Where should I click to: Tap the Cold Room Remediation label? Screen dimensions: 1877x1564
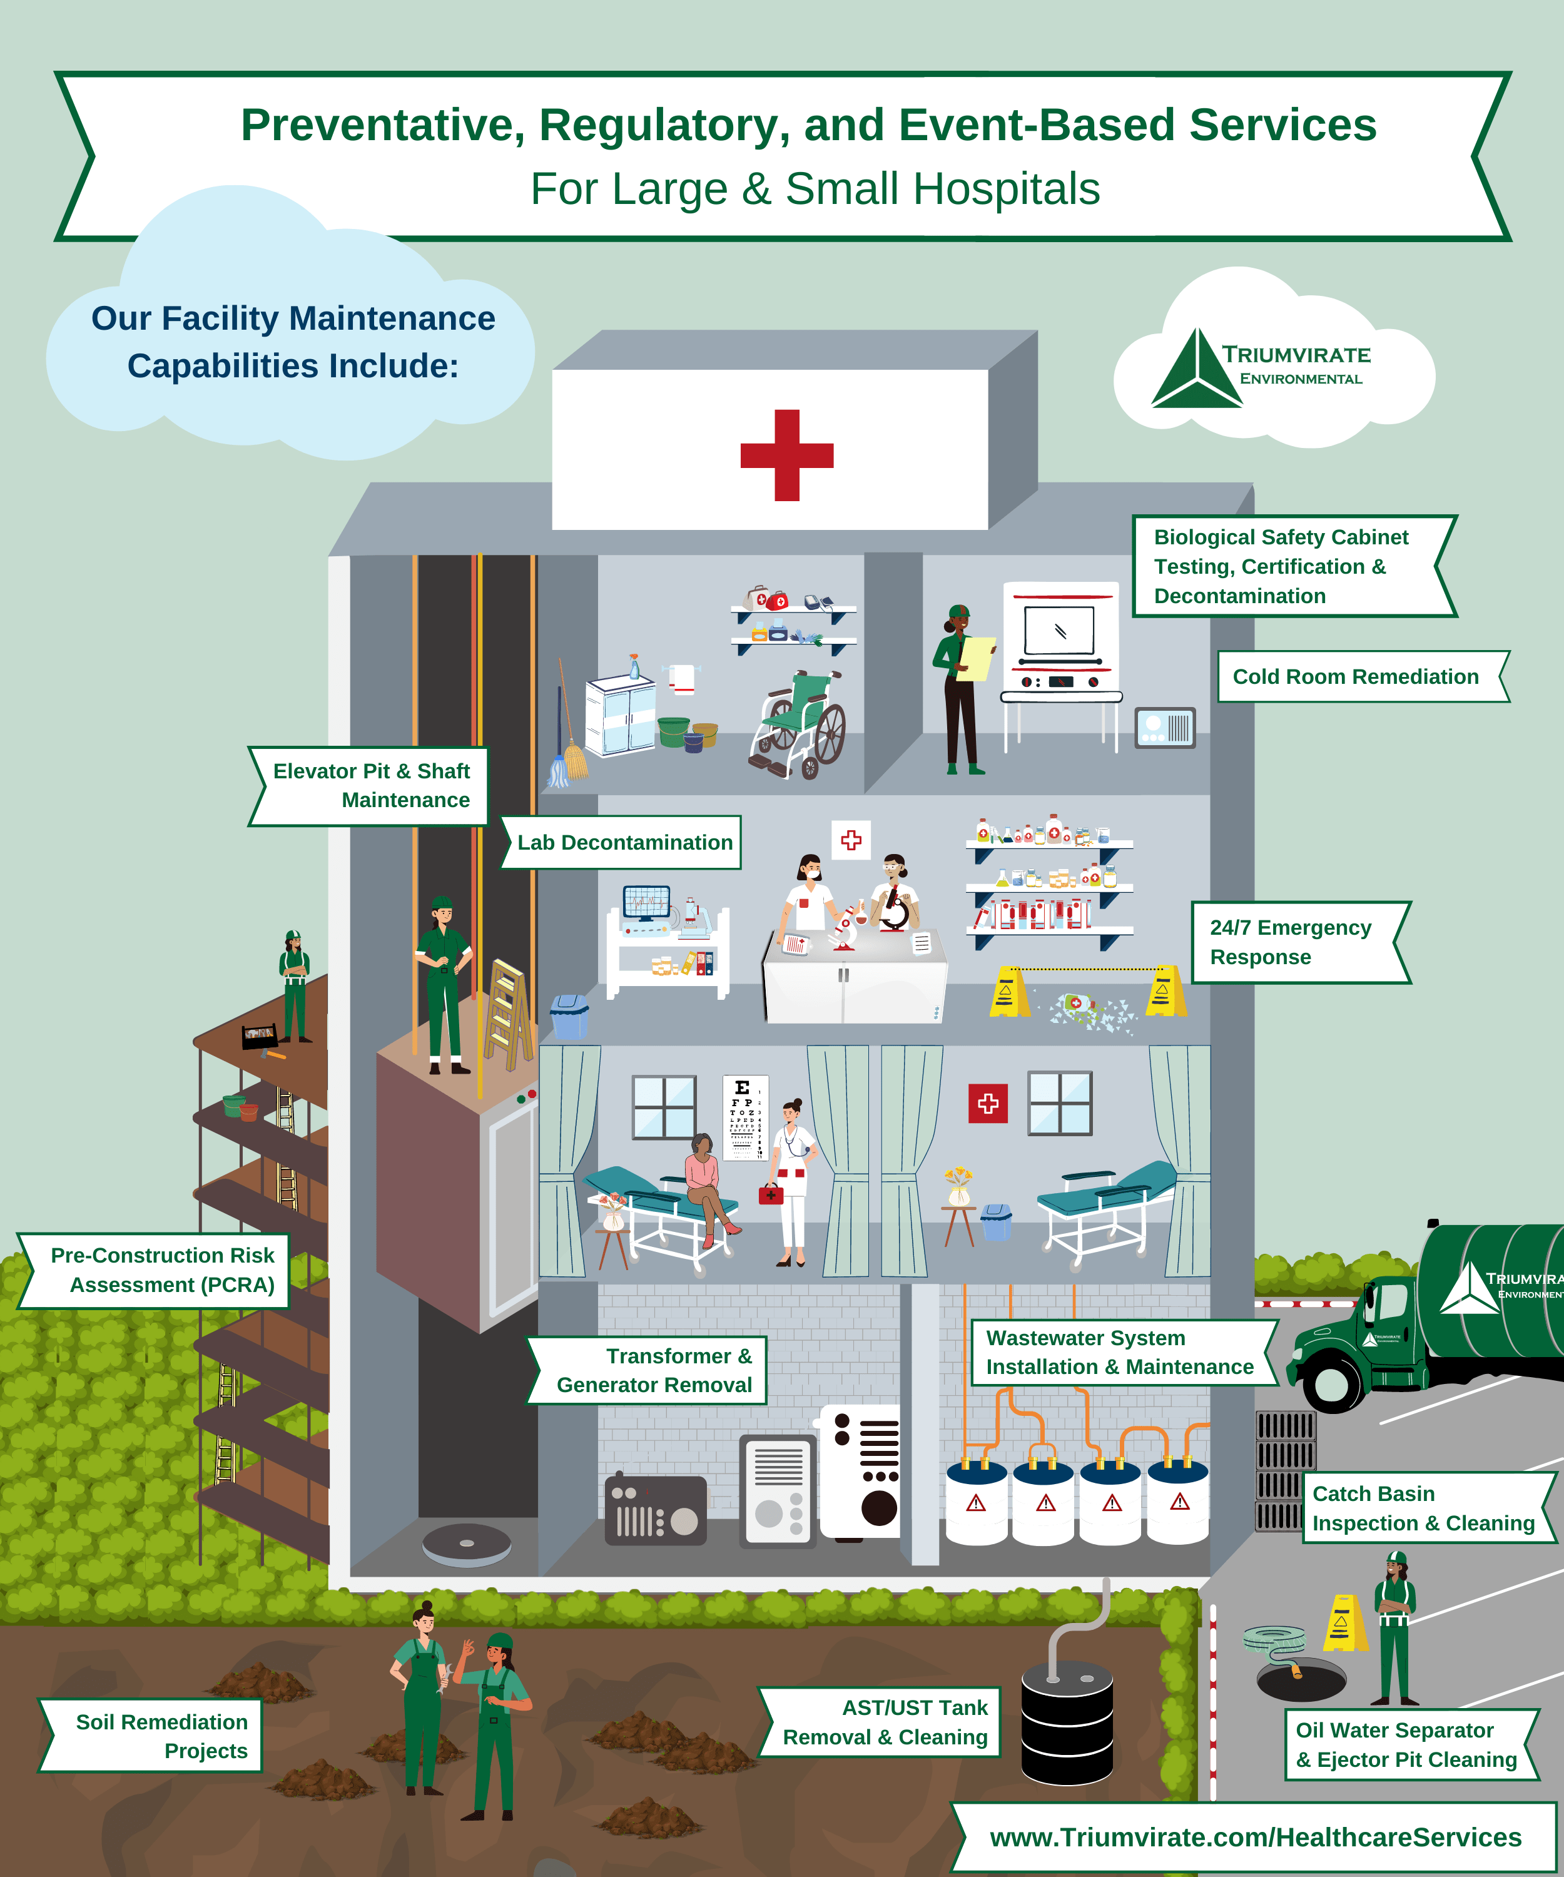click(1355, 676)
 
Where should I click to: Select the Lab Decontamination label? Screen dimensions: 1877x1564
click(624, 842)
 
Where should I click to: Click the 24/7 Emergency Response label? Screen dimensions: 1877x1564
click(1291, 942)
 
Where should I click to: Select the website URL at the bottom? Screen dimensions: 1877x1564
click(1255, 1837)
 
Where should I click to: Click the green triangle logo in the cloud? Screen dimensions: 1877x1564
click(1195, 371)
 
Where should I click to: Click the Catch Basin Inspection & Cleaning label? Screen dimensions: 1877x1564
click(1423, 1508)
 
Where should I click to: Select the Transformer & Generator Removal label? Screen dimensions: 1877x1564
click(654, 1370)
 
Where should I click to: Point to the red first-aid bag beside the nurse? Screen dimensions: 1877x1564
click(770, 1194)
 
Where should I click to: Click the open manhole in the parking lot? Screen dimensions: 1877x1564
click(1301, 1679)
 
